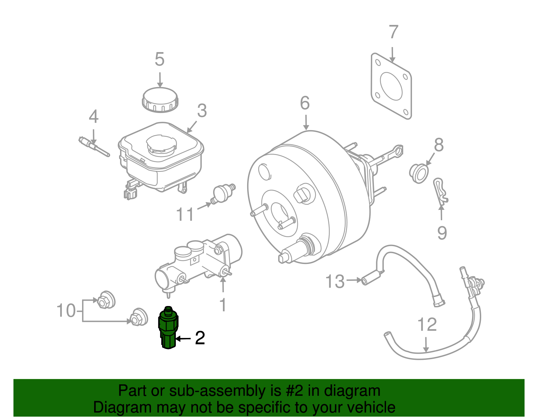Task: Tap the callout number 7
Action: (x=393, y=32)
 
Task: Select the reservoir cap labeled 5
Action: (x=160, y=100)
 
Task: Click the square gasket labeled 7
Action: (x=391, y=86)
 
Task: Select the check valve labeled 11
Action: (x=223, y=194)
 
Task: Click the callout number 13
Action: (x=335, y=281)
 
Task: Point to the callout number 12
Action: (x=427, y=324)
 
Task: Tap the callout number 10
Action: (x=66, y=310)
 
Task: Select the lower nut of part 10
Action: (x=139, y=317)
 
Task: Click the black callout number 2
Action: (x=200, y=338)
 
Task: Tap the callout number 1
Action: (x=223, y=305)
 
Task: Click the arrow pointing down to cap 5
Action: (x=160, y=80)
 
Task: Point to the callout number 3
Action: (x=202, y=111)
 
